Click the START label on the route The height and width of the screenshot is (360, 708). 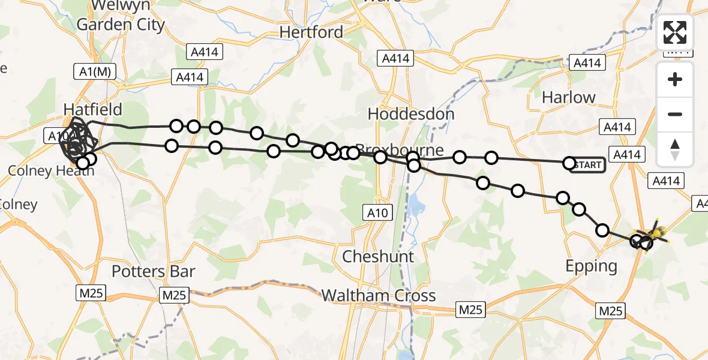tap(588, 165)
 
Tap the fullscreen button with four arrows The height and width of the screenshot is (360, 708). tap(675, 32)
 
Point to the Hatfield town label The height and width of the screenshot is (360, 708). tap(93, 109)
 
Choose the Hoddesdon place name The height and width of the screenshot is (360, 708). tap(411, 113)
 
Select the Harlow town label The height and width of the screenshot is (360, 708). tap(568, 97)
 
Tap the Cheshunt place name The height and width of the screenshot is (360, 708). tap(378, 257)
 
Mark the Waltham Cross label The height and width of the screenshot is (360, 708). tap(379, 296)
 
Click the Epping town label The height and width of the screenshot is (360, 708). tap(592, 266)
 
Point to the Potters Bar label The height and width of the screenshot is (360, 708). tap(154, 271)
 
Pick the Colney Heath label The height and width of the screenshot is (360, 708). tap(51, 171)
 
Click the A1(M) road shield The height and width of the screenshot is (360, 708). tap(94, 71)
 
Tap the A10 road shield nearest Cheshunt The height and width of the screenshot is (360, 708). tap(378, 212)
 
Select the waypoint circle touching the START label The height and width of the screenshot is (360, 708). tap(569, 163)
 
